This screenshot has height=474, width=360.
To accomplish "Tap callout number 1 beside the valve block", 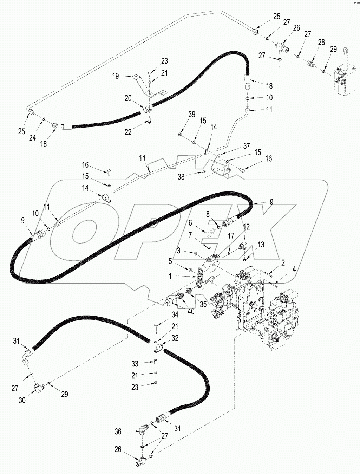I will point(170,276).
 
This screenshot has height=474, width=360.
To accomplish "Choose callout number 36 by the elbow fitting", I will point(118,431).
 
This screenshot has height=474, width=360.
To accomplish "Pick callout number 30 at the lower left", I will point(22,400).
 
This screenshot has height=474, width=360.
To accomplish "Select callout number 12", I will point(247,227).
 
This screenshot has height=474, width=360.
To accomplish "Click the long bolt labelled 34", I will point(155,330).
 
